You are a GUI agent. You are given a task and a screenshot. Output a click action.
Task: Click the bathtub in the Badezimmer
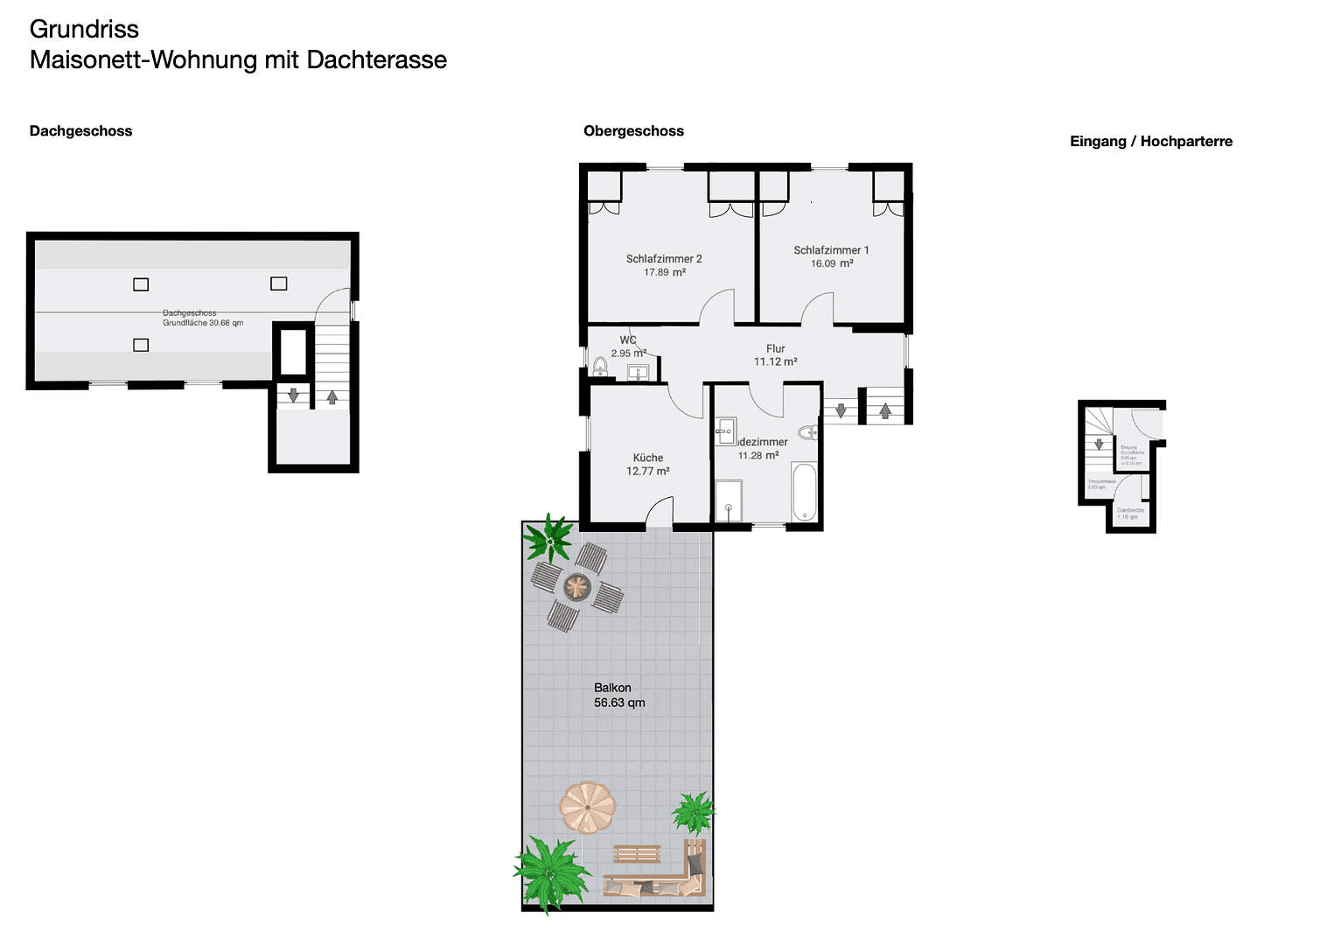point(804,492)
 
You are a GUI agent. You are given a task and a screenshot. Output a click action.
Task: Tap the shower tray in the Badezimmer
point(728,501)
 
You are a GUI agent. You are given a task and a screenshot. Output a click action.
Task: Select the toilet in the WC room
point(601,366)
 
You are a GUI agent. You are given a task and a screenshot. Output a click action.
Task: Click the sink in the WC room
point(639,373)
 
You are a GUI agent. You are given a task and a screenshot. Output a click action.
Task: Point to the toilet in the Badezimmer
point(808,431)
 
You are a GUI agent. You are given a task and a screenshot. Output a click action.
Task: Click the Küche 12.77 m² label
point(648,465)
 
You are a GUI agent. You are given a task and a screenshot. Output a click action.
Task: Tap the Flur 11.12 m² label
point(775,355)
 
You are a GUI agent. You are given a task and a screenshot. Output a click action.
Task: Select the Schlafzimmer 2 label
point(664,259)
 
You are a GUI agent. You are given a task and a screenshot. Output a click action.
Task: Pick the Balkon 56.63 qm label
point(618,696)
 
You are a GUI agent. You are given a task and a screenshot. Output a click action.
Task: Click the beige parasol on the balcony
point(587,807)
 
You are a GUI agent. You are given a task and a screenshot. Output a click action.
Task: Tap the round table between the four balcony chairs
point(577,586)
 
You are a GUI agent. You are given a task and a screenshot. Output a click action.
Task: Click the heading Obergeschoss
point(633,131)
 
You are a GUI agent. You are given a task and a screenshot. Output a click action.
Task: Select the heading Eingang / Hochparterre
point(1150,142)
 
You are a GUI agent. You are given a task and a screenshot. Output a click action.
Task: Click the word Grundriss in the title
point(84,29)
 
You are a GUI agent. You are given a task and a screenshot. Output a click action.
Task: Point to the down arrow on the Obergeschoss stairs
point(841,409)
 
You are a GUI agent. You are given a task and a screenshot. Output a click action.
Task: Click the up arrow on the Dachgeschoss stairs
point(332,396)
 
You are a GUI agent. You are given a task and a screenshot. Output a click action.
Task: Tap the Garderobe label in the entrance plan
point(1129,510)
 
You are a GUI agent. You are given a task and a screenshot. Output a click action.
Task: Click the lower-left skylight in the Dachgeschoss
point(141,345)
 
